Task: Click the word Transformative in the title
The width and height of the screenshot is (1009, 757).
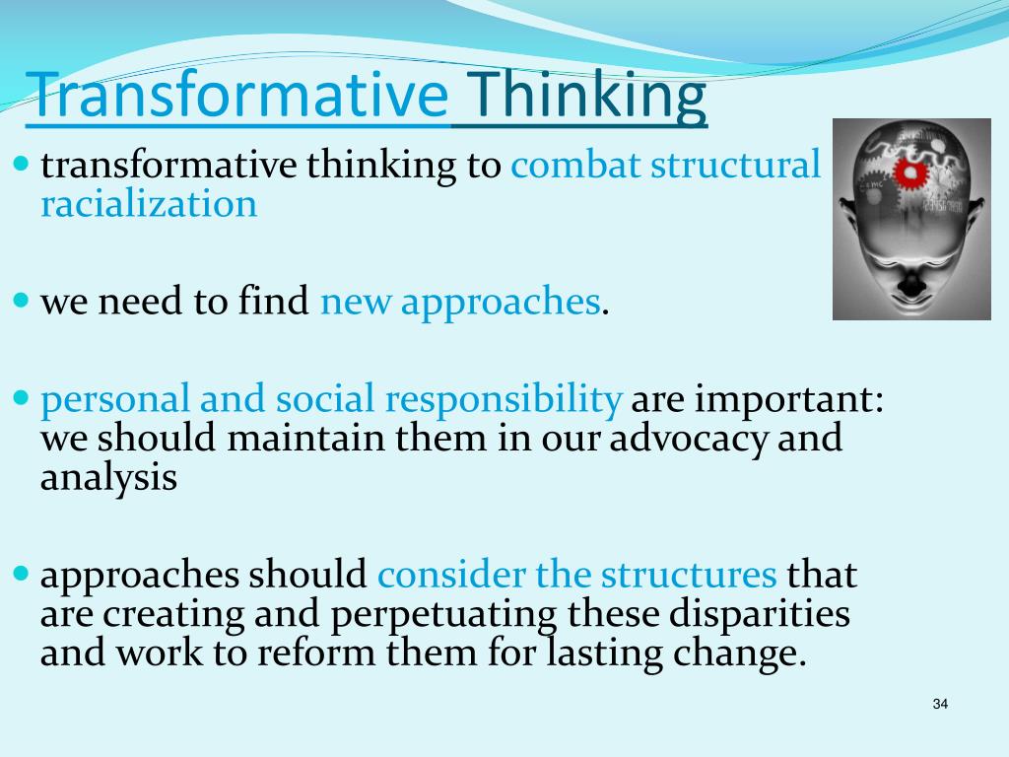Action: point(236,97)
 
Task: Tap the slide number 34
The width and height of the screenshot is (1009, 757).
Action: point(939,704)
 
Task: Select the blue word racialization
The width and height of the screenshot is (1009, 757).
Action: point(148,204)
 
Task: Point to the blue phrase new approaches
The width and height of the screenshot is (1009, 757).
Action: point(459,302)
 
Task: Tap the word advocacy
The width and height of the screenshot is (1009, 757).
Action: point(690,439)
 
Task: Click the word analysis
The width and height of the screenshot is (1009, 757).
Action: point(108,477)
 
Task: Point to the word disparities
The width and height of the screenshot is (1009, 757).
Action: point(759,613)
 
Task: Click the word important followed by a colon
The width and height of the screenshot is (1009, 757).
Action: point(753,399)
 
